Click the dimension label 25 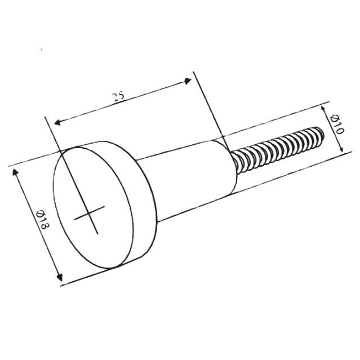click(119, 96)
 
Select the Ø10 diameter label click(337, 125)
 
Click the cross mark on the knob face click(90, 213)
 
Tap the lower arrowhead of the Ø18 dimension click(60, 277)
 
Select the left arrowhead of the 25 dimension click(57, 122)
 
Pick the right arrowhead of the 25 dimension click(188, 81)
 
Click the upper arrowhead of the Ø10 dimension click(323, 108)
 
